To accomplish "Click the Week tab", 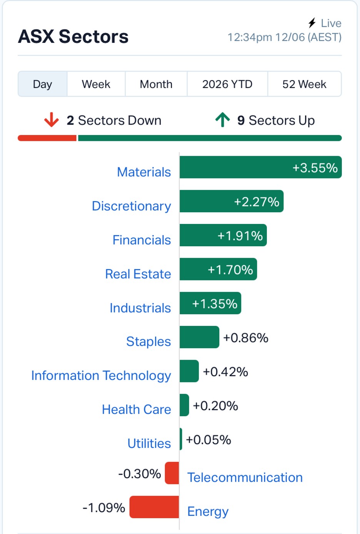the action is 96,84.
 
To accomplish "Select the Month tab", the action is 156,84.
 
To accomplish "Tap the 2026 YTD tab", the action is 227,84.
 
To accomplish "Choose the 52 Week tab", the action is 304,84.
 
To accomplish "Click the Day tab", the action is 42,84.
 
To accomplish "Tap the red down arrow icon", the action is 51,120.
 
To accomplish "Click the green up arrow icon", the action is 223,119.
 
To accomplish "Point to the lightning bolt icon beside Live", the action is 312,23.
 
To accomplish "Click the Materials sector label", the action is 144,172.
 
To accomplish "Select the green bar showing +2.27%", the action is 232,201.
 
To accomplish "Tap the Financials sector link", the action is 142,240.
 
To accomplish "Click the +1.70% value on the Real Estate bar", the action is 230,270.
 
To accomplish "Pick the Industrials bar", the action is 210,303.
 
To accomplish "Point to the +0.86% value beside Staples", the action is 246,338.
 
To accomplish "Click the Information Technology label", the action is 101,376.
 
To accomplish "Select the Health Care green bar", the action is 184,405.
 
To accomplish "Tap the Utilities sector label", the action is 149,444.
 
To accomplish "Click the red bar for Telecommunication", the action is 172,473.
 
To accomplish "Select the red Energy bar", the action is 154,507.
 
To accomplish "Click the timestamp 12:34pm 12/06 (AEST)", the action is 285,37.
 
